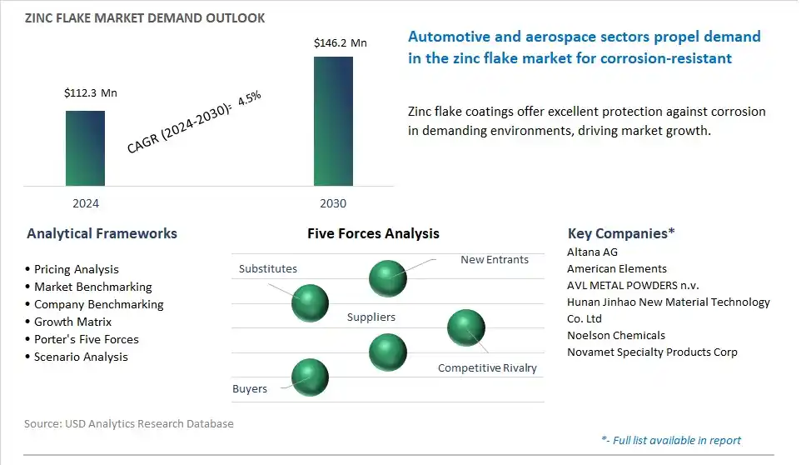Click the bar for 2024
click(85, 148)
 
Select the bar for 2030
click(333, 121)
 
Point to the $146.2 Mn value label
click(341, 43)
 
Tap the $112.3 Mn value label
click(91, 93)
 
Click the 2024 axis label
click(86, 203)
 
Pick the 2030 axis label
click(333, 203)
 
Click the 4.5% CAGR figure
click(249, 97)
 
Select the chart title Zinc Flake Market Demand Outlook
click(145, 18)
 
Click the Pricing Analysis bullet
click(76, 269)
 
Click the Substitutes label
click(267, 269)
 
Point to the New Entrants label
click(495, 259)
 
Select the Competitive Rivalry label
click(487, 367)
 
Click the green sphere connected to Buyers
click(310, 377)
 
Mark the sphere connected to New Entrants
click(388, 278)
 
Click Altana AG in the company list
click(592, 252)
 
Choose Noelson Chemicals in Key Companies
click(616, 335)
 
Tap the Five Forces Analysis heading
click(373, 233)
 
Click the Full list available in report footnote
click(671, 440)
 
